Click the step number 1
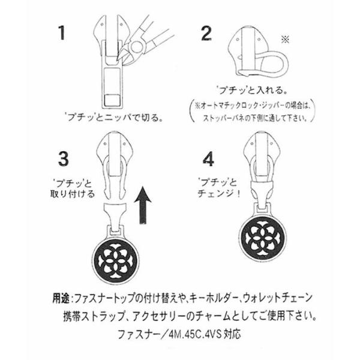tap(61, 33)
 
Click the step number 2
tap(206, 34)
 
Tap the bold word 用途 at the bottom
tap(61, 298)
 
